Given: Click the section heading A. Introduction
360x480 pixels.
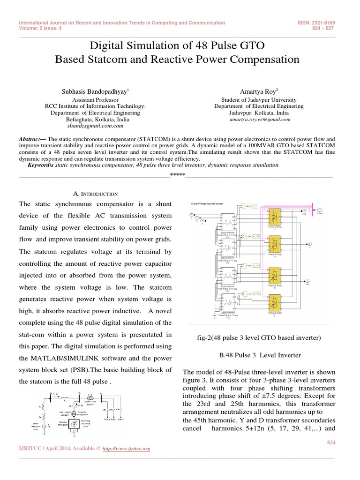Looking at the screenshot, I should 96,194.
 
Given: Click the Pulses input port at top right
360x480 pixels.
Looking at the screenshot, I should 319,210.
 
